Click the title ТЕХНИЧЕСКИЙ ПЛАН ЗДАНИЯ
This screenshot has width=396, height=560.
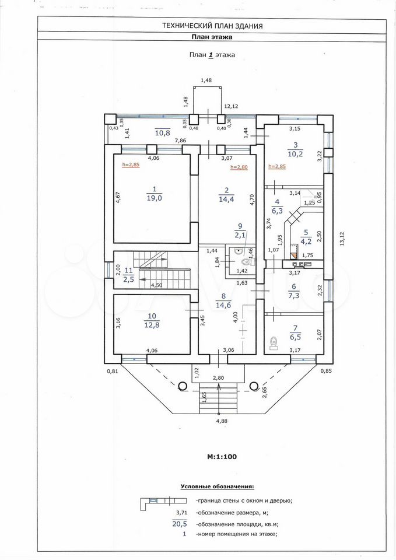212,26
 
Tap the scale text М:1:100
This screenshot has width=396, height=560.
222,456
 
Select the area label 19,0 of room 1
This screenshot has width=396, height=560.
154,198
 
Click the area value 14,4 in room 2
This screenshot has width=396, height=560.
226,199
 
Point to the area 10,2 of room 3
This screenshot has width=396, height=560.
295,154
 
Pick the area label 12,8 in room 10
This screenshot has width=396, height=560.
152,325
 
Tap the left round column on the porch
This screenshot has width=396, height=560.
183,386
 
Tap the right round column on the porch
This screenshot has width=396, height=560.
254,386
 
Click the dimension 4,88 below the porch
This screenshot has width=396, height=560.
222,421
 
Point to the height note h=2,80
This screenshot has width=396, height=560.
239,167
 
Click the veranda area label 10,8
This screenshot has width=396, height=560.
162,133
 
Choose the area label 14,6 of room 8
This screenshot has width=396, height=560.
223,305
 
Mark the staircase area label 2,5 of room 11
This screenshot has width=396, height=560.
129,279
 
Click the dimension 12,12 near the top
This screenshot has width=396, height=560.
231,106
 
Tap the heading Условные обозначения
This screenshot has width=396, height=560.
218,487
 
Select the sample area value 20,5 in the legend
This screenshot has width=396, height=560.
180,524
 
